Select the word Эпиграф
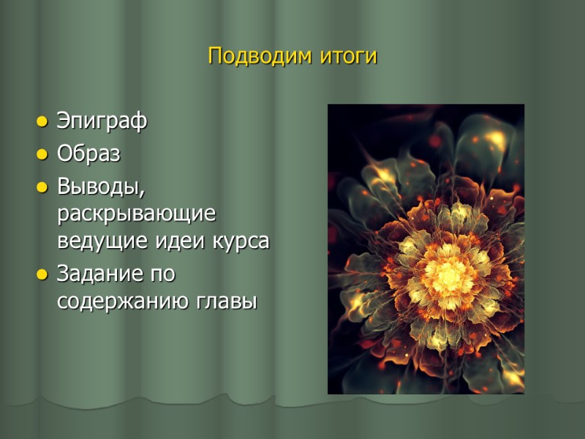(x=102, y=122)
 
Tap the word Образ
(x=89, y=155)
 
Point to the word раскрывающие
(x=137, y=215)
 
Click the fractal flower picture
(x=426, y=249)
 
